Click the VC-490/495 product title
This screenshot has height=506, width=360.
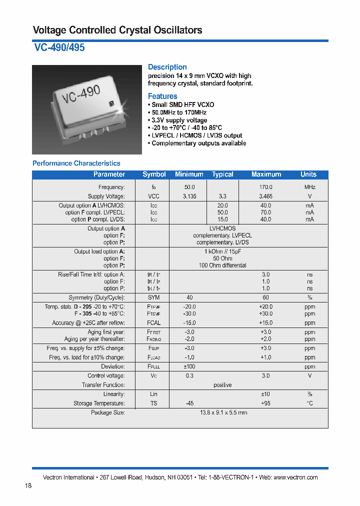tap(59, 48)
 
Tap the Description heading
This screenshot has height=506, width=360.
tap(167, 67)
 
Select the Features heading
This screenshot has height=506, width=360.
tap(162, 96)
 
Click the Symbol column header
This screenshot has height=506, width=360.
tap(154, 174)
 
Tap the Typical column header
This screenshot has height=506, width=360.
tap(222, 174)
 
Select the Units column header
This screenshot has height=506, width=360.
tap(308, 174)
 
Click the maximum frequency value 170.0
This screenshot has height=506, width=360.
tap(265, 187)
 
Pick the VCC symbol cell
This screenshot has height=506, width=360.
tap(154, 196)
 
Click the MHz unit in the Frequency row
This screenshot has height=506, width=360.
tap(309, 187)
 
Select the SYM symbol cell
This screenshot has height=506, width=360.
tap(154, 297)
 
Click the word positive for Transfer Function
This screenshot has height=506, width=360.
tap(222, 385)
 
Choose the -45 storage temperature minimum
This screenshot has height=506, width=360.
tap(190, 403)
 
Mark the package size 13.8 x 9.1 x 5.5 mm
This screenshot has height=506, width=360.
tap(223, 412)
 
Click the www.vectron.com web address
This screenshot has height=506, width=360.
tap(295, 477)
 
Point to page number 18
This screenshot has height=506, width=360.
tap(28, 486)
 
